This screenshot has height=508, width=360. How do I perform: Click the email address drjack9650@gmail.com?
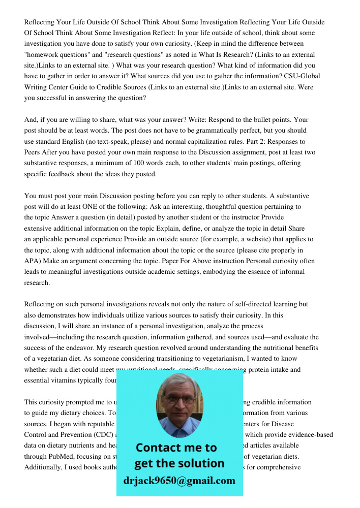179,481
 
